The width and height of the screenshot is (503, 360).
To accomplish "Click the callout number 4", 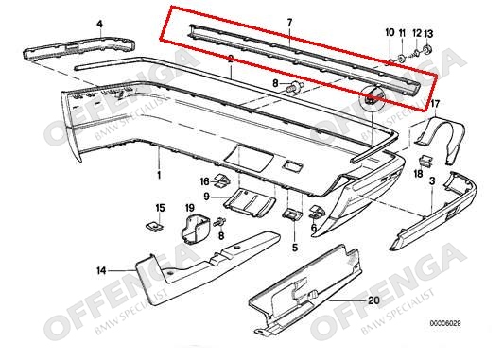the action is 100,24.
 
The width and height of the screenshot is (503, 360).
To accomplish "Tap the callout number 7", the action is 289,23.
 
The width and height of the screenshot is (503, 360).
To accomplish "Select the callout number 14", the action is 101,271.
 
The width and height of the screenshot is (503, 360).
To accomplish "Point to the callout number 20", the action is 373,300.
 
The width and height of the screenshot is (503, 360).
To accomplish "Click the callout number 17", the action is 435,104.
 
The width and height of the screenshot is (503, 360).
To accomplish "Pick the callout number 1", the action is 159,175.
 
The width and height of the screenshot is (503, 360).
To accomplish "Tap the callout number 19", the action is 190,208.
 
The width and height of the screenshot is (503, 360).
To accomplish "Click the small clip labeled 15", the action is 155,227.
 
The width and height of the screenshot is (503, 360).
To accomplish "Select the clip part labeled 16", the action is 222,181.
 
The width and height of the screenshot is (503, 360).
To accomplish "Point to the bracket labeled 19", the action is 194,229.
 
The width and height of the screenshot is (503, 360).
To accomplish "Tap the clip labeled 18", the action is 426,161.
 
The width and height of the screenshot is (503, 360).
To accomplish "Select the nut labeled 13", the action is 427,49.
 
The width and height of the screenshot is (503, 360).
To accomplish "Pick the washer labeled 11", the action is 401,59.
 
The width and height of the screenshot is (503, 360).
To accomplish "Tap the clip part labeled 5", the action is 292,214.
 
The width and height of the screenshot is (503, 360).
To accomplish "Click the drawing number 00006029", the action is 445,323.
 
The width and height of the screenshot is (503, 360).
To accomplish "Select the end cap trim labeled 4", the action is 78,48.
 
